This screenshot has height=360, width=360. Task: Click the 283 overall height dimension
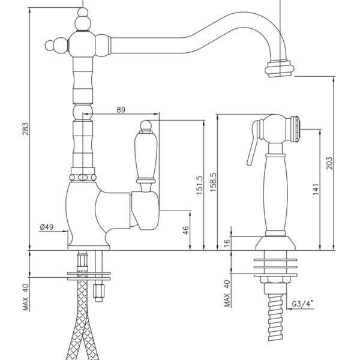[x=25, y=128]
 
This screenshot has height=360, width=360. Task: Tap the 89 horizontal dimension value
[x=121, y=110]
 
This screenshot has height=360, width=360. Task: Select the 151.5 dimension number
[x=200, y=185]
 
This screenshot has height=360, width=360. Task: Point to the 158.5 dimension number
[x=213, y=182]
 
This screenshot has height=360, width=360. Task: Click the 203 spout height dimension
[x=329, y=163]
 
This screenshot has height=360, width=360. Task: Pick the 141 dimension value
[x=316, y=189]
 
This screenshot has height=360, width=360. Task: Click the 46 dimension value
[x=186, y=230]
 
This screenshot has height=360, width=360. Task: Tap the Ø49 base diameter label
[x=47, y=227]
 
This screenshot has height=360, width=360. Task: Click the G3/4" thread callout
[x=302, y=304]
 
